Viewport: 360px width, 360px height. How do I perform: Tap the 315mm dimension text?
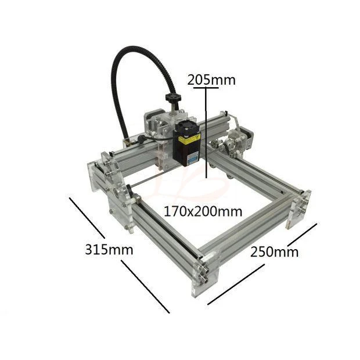pos(109,250)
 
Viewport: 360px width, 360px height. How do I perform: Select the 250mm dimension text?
pos(274,251)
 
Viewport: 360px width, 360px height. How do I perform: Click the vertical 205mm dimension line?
pos(206,134)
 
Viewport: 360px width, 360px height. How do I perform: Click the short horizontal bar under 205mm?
pos(207,88)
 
